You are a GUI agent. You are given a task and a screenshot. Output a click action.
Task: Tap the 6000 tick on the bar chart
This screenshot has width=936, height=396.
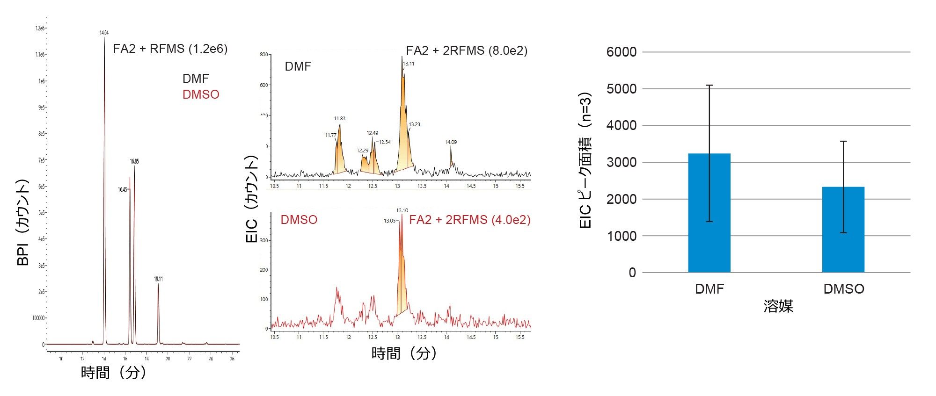[622, 52]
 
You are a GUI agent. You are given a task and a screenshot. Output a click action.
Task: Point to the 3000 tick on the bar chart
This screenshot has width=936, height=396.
[622, 162]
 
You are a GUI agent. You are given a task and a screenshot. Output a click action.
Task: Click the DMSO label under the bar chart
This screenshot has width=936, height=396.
[843, 289]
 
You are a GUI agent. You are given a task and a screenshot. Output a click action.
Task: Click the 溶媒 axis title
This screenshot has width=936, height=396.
[778, 307]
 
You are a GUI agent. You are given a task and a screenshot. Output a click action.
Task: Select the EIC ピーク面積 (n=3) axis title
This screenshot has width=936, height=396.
[585, 160]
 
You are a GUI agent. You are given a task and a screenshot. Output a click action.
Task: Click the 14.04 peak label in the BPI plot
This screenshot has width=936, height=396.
[104, 33]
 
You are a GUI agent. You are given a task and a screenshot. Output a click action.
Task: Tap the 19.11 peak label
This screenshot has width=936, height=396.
[158, 279]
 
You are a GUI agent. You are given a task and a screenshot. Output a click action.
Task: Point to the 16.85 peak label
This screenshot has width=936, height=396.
[134, 161]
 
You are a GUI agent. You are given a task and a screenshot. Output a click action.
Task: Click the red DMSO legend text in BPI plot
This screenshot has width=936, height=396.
[201, 94]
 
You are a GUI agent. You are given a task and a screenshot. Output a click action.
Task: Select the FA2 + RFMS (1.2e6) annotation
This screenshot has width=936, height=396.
[170, 49]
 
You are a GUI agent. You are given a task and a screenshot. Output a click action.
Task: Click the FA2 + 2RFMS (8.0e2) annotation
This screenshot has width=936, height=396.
[467, 50]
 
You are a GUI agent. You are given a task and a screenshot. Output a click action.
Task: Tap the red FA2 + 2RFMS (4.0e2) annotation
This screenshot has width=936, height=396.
[470, 220]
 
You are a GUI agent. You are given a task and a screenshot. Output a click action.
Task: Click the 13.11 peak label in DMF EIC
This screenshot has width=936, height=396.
[409, 64]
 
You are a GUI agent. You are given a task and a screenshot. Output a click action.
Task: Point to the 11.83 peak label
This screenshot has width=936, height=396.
[339, 119]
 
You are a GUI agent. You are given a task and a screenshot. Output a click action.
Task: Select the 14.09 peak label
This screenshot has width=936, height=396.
[451, 142]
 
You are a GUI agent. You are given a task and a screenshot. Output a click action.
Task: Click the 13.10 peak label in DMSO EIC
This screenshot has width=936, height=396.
[402, 211]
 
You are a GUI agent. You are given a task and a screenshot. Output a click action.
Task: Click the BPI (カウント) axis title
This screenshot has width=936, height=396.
[23, 223]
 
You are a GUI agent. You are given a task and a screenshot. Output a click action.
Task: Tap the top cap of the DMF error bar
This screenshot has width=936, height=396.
[709, 85]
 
